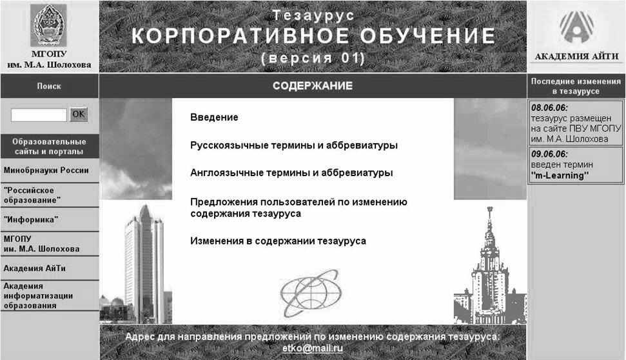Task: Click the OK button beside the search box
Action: click(78, 115)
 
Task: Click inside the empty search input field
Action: click(39, 115)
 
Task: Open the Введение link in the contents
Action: click(214, 117)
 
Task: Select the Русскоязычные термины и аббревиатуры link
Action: click(294, 145)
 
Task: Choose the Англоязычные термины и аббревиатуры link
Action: click(291, 173)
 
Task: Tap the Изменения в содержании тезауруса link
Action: click(279, 241)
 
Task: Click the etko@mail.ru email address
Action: click(313, 348)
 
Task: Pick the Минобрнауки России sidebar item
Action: click(46, 170)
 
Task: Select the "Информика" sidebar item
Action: click(31, 220)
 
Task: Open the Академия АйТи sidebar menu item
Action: click(34, 268)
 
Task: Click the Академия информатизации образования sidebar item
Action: click(38, 295)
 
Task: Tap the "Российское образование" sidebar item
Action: click(32, 195)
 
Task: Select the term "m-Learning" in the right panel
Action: click(560, 175)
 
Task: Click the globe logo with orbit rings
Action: click(311, 294)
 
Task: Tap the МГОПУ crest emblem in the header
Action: click(49, 26)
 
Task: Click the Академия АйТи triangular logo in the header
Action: click(576, 26)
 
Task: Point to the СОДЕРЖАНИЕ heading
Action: click(313, 86)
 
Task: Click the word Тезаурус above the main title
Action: click(313, 15)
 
